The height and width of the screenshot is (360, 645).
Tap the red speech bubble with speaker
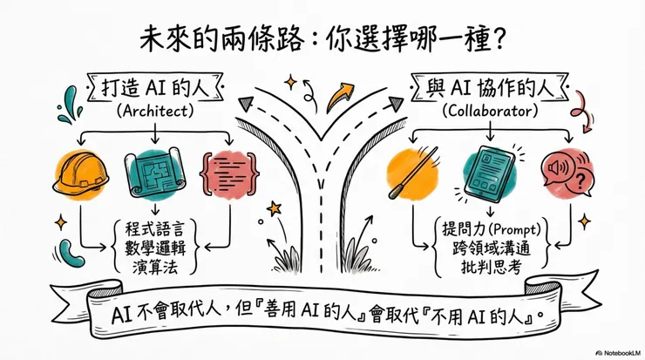(x=562, y=174)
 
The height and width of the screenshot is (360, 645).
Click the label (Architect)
(x=153, y=112)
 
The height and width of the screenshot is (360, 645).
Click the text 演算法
(x=153, y=269)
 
